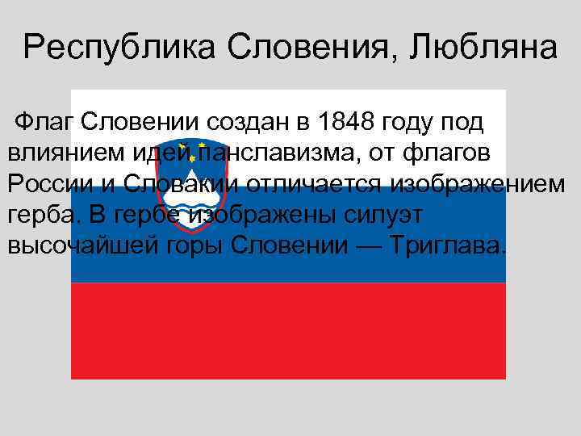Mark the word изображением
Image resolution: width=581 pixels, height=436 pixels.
coord(479,183)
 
